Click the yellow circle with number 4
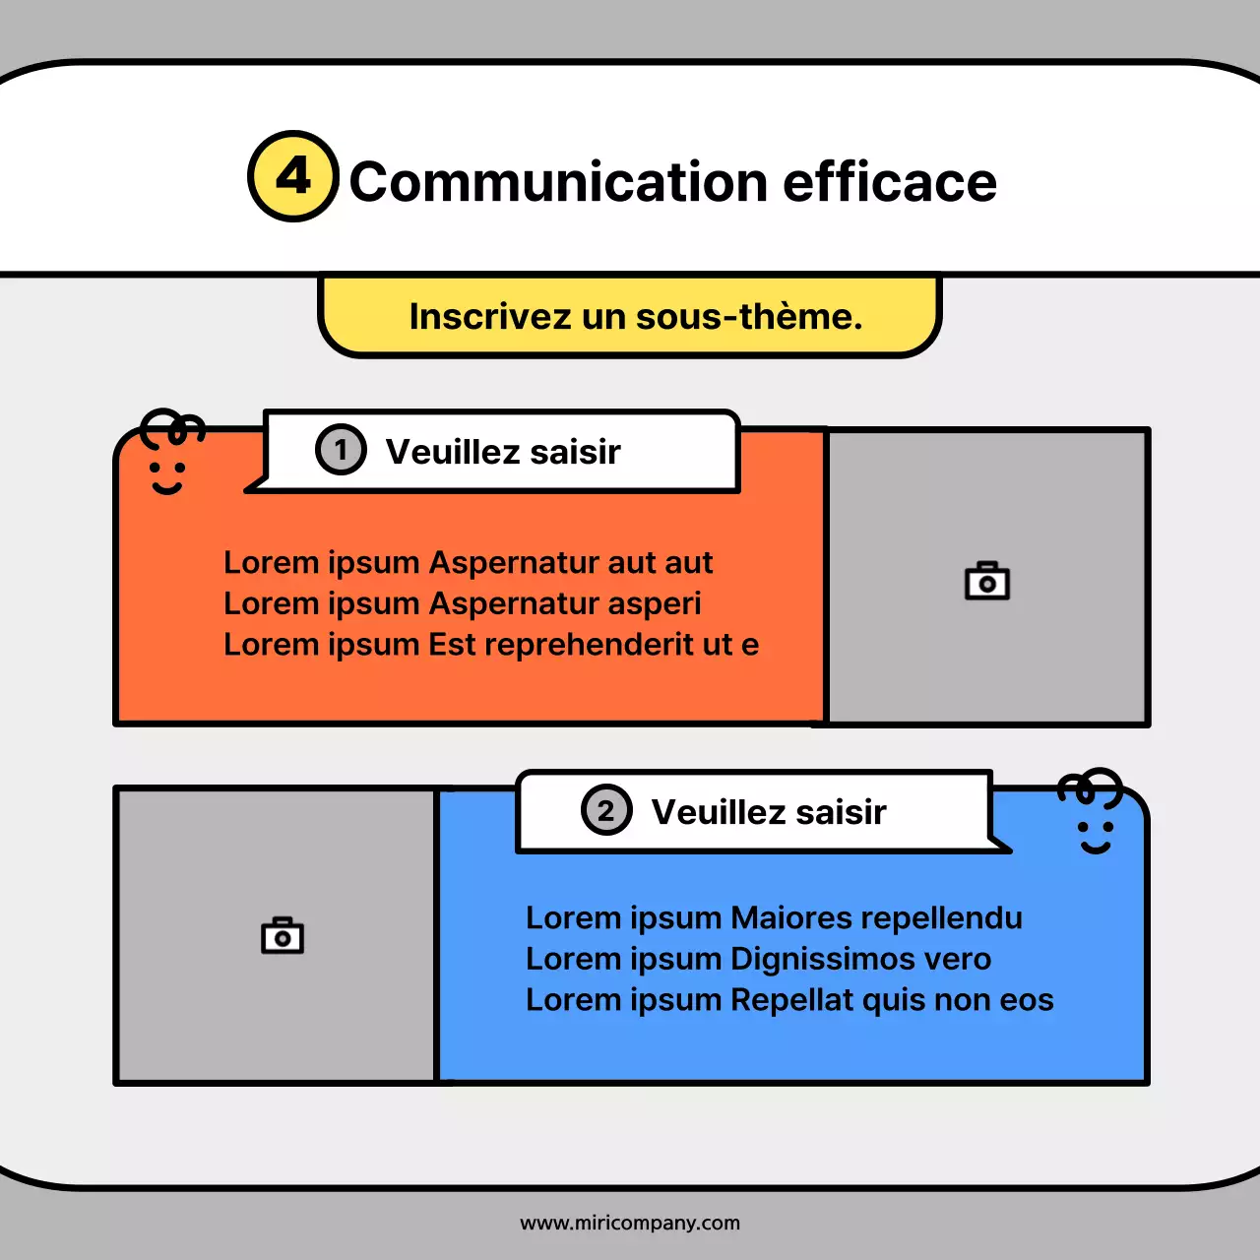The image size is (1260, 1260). (293, 177)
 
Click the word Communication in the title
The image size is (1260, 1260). (558, 183)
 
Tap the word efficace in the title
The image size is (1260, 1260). (890, 183)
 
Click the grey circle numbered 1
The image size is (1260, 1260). (341, 450)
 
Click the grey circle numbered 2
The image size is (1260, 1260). (606, 810)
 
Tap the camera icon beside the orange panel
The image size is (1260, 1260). (987, 581)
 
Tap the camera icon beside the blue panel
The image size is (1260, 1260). (283, 935)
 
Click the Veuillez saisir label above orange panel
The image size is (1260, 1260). (503, 452)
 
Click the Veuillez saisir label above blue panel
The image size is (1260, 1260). (769, 812)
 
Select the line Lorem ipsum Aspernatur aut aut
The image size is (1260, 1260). (468, 562)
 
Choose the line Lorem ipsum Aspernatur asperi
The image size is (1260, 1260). (462, 603)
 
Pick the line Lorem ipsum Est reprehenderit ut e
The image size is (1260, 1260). (490, 645)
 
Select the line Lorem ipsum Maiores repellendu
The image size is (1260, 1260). (774, 917)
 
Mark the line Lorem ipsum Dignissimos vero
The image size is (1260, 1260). (758, 959)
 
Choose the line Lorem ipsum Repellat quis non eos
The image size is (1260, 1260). (789, 1000)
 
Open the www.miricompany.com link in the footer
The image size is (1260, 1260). (630, 1223)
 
